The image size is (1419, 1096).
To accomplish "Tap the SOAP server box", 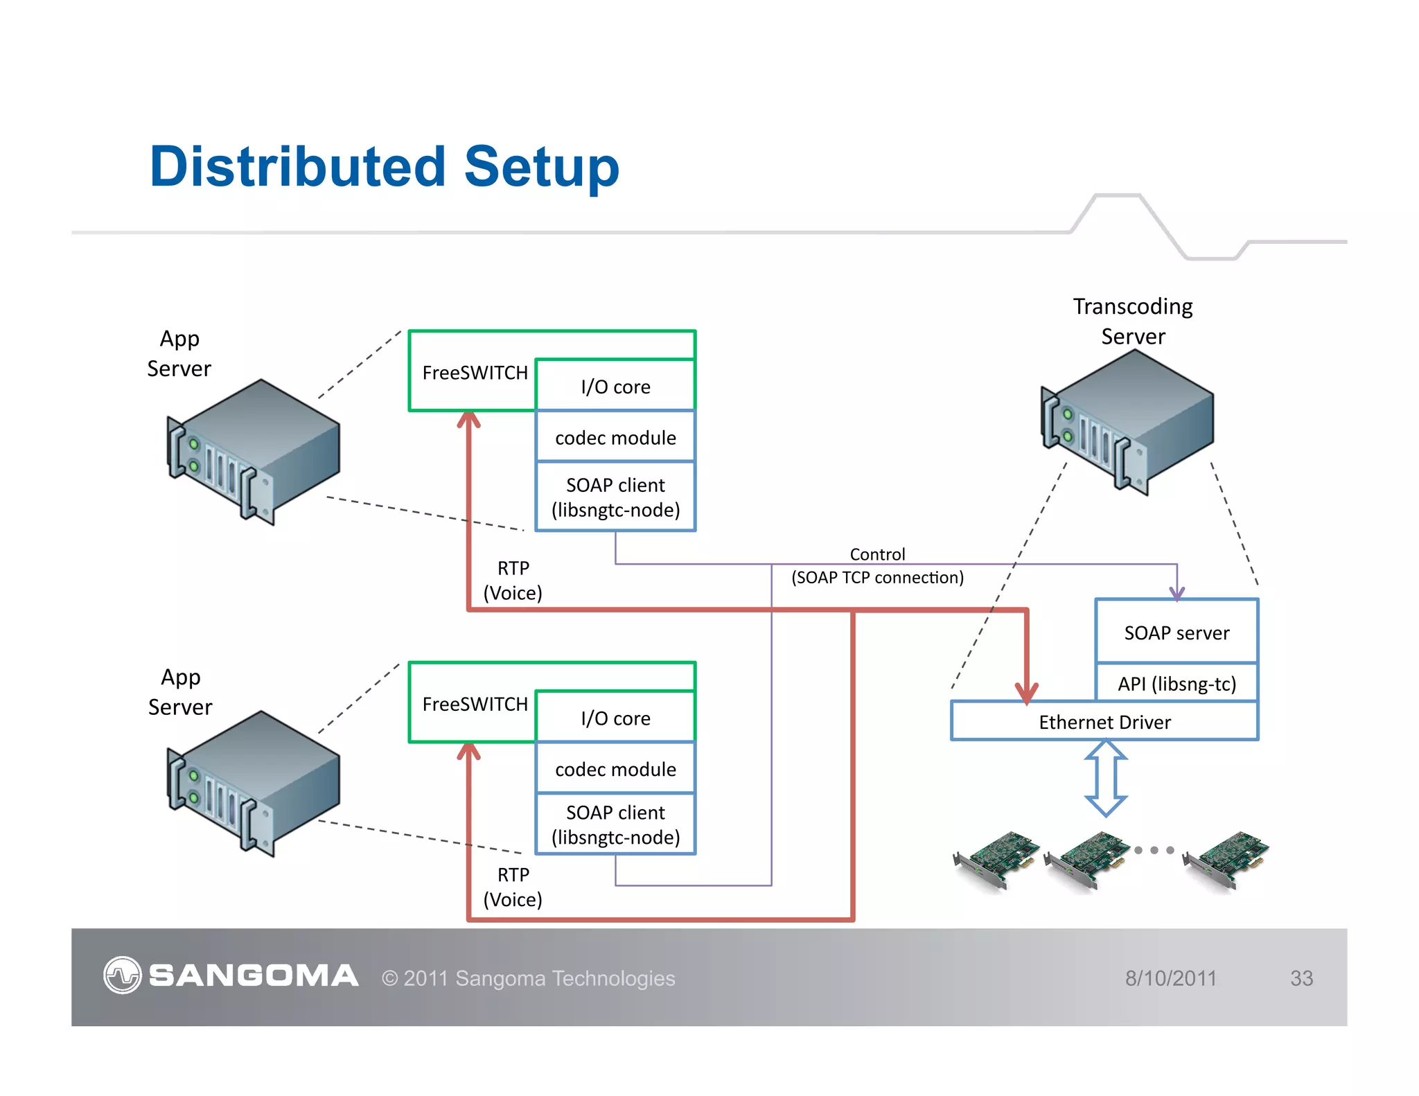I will tap(1176, 632).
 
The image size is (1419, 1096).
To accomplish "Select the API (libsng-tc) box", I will tap(1176, 683).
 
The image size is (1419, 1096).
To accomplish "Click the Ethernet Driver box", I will tap(1104, 721).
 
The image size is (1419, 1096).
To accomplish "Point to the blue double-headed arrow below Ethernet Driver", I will tap(1105, 778).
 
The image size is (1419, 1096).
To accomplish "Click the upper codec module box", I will tap(615, 437).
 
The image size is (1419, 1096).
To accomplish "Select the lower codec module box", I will tap(615, 768).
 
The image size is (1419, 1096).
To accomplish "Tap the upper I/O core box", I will tap(615, 386).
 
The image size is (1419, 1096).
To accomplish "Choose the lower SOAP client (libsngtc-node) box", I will tap(615, 824).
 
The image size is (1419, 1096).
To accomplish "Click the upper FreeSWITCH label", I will tap(475, 373).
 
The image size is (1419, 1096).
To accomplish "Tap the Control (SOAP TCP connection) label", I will tap(877, 566).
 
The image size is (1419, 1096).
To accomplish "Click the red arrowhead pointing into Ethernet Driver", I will tap(1026, 692).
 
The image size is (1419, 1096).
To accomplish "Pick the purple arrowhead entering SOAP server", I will tap(1176, 593).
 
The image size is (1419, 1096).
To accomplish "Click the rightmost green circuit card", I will tap(1226, 859).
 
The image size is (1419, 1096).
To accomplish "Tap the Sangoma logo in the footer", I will tap(231, 975).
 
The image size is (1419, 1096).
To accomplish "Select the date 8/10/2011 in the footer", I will tap(1170, 978).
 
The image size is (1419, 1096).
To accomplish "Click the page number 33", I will tap(1301, 978).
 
